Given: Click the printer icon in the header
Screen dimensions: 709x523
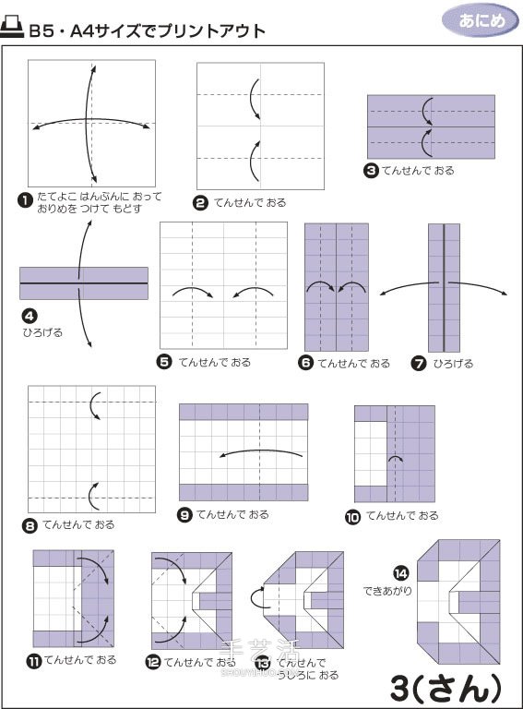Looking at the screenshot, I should pyautogui.click(x=14, y=29).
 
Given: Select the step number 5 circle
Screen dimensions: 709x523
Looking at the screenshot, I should pyautogui.click(x=165, y=363).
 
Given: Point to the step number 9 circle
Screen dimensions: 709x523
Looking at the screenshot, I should pyautogui.click(x=184, y=514).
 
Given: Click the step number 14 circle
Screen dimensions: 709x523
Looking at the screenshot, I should pyautogui.click(x=399, y=573).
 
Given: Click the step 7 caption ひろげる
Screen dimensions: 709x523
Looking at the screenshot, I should pyautogui.click(x=453, y=364).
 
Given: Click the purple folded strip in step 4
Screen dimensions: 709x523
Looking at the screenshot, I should pyautogui.click(x=84, y=283).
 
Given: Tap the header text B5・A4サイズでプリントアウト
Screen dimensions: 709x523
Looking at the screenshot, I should pyautogui.click(x=148, y=30).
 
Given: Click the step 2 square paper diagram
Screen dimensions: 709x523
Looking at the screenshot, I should pyautogui.click(x=259, y=126).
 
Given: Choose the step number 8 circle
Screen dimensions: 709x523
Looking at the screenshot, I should pyautogui.click(x=30, y=525).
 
